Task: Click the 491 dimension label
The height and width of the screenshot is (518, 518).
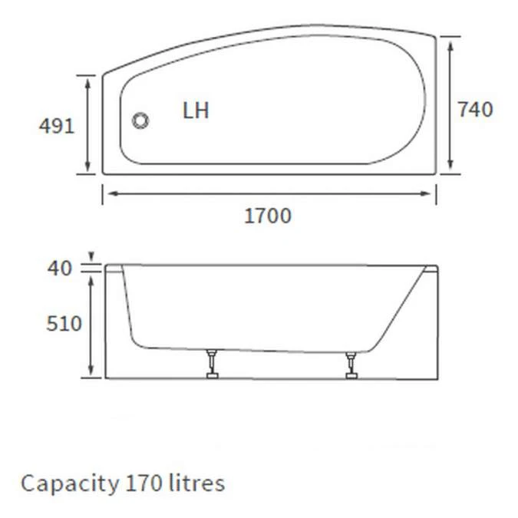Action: [57, 125]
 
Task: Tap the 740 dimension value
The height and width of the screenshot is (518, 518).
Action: [475, 110]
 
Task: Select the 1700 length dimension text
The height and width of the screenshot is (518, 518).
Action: [268, 216]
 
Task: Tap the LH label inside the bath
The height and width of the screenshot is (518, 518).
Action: [196, 111]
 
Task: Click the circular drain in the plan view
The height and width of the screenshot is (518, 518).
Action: [140, 120]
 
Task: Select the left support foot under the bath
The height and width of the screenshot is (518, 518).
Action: [210, 365]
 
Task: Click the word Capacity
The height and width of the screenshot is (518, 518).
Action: [68, 484]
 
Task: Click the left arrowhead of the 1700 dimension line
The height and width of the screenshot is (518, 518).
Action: [108, 193]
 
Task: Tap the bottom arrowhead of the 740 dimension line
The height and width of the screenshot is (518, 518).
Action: [450, 167]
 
